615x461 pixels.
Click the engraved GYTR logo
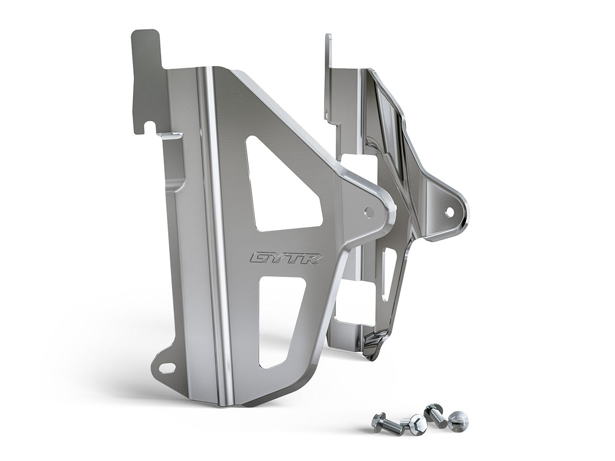click(x=285, y=258)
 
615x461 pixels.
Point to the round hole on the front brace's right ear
click(x=369, y=211)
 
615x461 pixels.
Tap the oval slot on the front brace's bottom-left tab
click(x=167, y=367)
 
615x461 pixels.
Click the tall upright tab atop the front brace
click(x=148, y=77)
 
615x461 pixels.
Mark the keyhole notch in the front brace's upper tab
click(x=149, y=124)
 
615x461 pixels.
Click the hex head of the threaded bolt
click(x=379, y=419)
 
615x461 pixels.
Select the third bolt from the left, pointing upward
click(x=435, y=414)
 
